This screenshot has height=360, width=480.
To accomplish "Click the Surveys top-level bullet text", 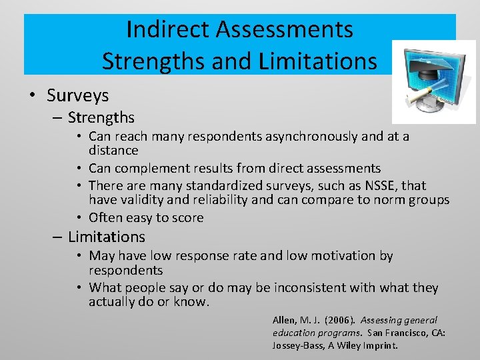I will tap(77, 95).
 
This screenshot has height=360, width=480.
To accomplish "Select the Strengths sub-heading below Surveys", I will tap(101, 118).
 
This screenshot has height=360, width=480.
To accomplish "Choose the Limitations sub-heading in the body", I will tap(106, 237).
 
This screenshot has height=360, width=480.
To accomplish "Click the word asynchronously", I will tap(310, 137).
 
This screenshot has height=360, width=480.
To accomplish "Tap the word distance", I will tap(113, 151).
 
